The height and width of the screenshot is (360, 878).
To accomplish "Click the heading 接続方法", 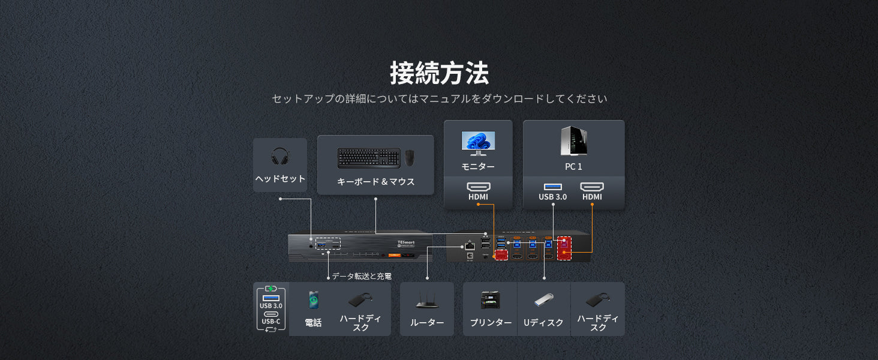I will [439, 73].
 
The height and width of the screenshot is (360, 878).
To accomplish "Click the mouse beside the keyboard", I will [409, 158].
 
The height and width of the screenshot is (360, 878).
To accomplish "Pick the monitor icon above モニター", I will [478, 143].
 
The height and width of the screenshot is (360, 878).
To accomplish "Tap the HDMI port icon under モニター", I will [478, 187].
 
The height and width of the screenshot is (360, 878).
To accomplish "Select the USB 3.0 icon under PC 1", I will [552, 187].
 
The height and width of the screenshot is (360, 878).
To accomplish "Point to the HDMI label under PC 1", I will [592, 197].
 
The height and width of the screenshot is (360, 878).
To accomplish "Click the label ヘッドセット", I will [280, 179].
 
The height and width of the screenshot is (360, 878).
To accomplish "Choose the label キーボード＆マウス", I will [375, 182].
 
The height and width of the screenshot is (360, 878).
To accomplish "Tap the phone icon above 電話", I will [313, 299].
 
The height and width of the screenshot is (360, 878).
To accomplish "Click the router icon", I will [426, 300].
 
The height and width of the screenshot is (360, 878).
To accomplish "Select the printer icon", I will [490, 300].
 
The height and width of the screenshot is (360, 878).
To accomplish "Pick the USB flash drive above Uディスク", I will [543, 299].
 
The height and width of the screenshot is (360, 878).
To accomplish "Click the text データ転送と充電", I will [362, 276].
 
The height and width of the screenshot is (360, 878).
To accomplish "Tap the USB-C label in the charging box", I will [270, 322].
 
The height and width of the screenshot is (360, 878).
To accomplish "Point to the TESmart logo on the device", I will [405, 243].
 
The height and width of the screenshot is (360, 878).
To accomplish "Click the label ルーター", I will [427, 323].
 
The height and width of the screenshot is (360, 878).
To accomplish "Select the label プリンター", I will [491, 323].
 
